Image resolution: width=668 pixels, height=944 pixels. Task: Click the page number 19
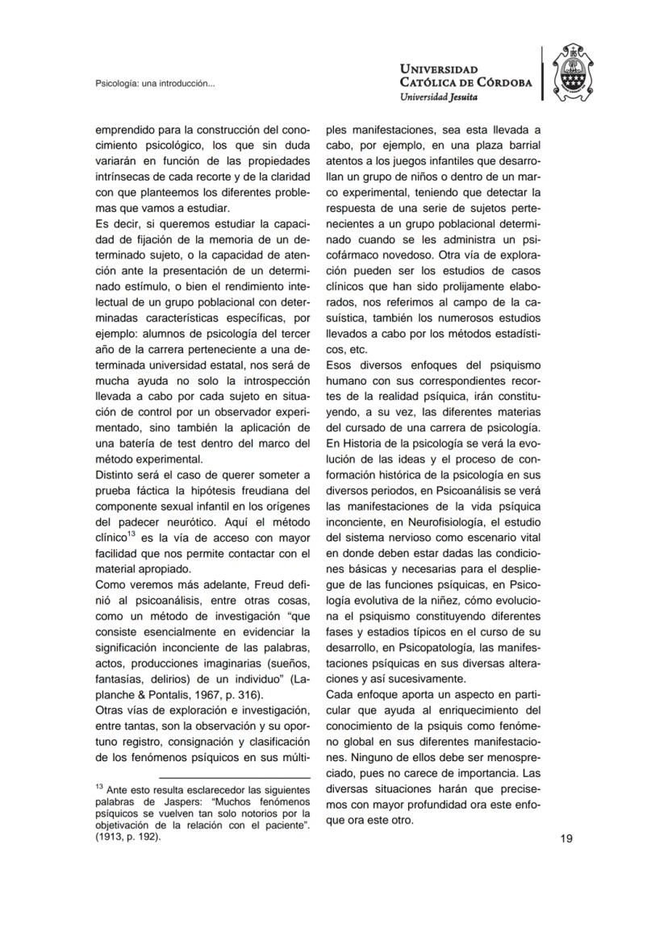[566, 838]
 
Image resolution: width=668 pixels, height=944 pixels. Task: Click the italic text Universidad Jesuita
[439, 96]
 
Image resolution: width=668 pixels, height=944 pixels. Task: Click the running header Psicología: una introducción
[155, 83]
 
